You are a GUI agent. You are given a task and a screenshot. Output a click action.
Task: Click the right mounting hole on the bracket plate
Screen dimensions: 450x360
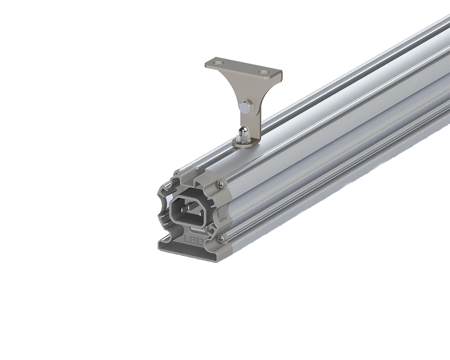[x=263, y=72]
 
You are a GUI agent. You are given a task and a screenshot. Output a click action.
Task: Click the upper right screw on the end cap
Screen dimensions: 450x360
[x=220, y=184]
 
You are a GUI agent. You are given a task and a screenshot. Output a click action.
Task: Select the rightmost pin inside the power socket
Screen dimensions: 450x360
[x=201, y=213]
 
